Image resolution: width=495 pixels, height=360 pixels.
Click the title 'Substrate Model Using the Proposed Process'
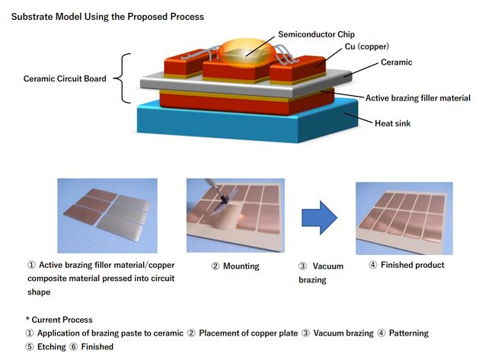point(107,15)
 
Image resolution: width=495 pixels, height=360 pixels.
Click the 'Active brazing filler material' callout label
point(417,97)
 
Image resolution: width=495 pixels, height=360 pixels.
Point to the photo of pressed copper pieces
point(107,216)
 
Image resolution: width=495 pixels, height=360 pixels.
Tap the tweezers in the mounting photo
point(221,196)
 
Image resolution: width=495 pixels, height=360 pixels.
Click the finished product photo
point(404,218)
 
